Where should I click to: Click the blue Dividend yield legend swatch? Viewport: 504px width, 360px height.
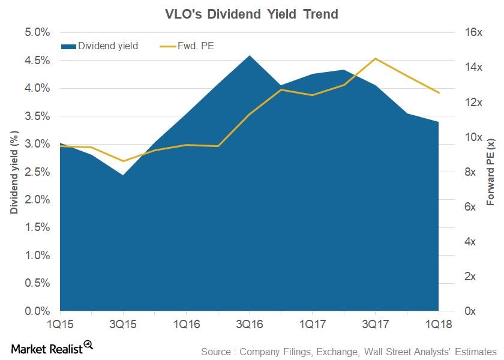[68, 46]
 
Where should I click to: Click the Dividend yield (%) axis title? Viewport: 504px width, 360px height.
[13, 172]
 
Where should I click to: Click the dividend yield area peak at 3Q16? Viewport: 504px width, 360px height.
[249, 56]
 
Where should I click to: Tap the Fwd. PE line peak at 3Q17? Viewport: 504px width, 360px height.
[375, 59]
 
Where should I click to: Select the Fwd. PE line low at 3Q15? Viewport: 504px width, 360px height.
[123, 161]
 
